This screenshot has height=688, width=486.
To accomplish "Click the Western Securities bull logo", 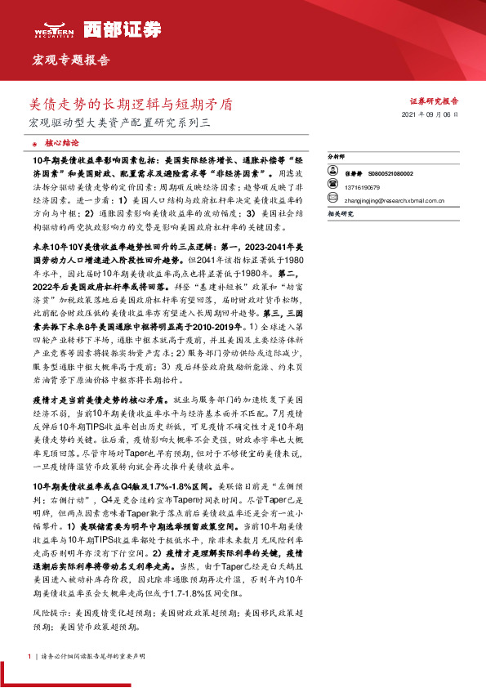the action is tap(55, 29).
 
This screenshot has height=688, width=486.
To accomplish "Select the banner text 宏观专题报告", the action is tap(69, 60).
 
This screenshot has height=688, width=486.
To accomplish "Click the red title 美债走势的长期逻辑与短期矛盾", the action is tap(130, 105).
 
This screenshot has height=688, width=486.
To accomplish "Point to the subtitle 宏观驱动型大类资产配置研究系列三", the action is tap(119, 123).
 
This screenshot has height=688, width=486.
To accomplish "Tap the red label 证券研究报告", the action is tap(447, 101).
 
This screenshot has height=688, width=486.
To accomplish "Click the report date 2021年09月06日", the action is tap(436, 116).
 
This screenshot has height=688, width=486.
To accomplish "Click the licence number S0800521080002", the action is tap(390, 173).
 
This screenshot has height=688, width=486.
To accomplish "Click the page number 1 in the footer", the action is tap(29, 656).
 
